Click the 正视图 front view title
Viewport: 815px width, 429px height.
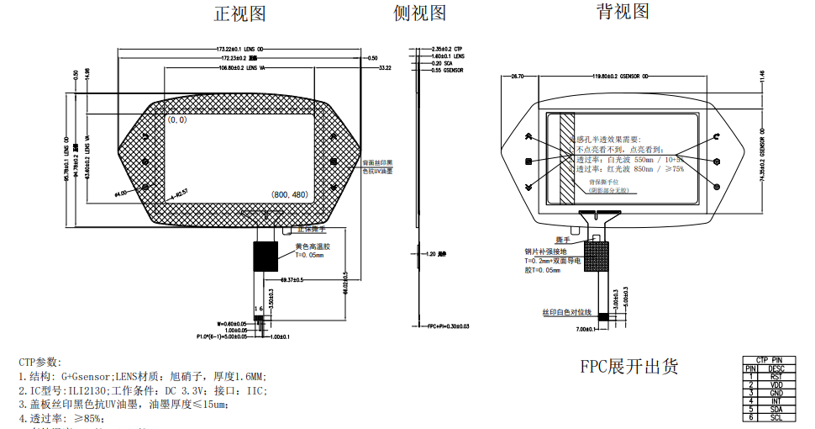(x=240, y=14)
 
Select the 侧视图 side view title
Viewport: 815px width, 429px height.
(x=419, y=13)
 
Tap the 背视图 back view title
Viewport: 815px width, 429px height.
(x=623, y=11)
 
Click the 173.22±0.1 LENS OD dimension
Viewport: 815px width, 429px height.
(x=240, y=49)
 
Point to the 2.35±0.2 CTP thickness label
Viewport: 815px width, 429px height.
(x=447, y=49)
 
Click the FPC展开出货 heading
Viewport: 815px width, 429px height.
(x=628, y=367)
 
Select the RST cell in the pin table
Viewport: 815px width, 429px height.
(x=776, y=376)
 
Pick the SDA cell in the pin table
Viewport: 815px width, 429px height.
(x=776, y=409)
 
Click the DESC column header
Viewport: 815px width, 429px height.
(x=776, y=368)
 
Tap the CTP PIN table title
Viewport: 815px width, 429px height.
(x=770, y=359)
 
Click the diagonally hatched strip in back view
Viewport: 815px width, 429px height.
(x=566, y=158)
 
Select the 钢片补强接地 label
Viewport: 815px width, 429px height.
(x=545, y=252)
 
